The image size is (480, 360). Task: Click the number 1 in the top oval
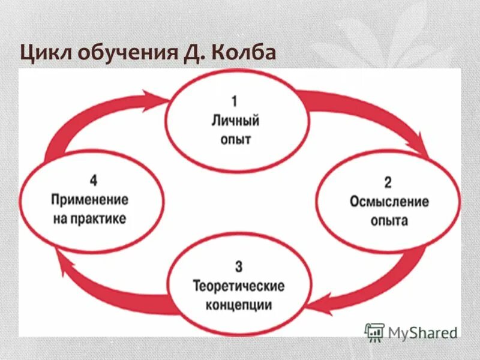[x=235, y=101]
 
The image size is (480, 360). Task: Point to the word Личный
[x=235, y=121]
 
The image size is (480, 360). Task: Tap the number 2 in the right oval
[x=388, y=181]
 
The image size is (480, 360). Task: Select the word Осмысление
[x=389, y=201]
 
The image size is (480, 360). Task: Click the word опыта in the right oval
[x=389, y=221]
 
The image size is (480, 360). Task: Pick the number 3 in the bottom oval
[x=239, y=265]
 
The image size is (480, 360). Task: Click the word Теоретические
[x=238, y=285]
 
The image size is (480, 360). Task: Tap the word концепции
[x=239, y=305]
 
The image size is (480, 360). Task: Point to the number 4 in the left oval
[x=94, y=179]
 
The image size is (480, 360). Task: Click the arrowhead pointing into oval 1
[x=157, y=98]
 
